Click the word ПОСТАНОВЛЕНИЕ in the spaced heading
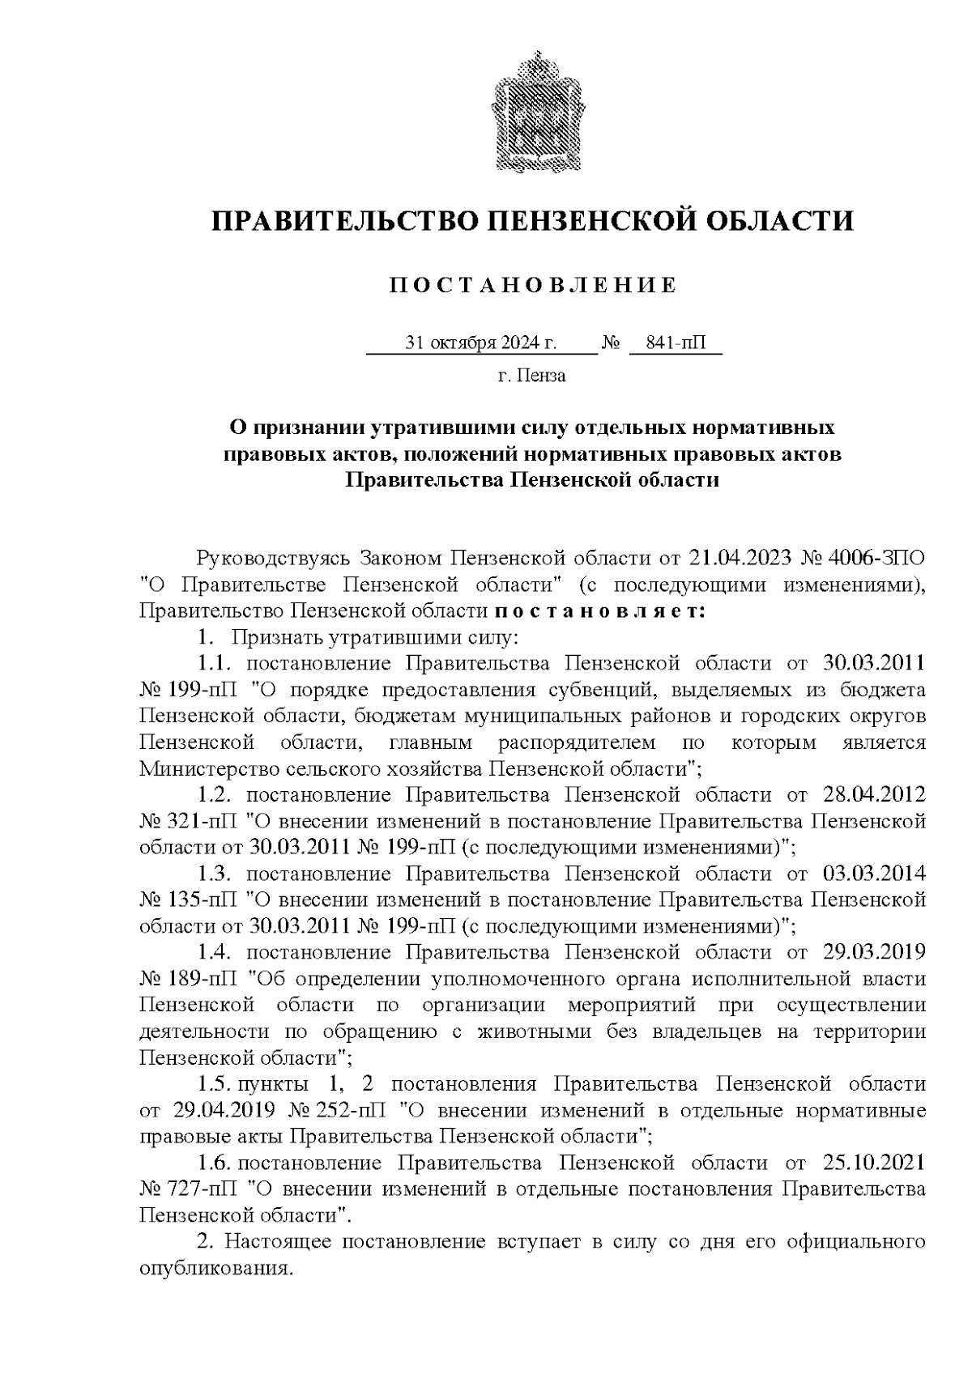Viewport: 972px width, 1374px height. pyautogui.click(x=532, y=285)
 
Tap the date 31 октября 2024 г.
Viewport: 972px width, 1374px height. pyautogui.click(x=481, y=344)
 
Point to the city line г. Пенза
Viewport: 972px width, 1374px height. pyautogui.click(x=532, y=376)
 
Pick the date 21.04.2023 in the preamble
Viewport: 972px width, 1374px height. pyautogui.click(x=740, y=559)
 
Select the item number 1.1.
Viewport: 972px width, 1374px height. pyautogui.click(x=216, y=664)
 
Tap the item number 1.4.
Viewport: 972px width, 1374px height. pyautogui.click(x=216, y=953)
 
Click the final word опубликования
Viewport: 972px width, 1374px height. pyautogui.click(x=215, y=1269)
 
